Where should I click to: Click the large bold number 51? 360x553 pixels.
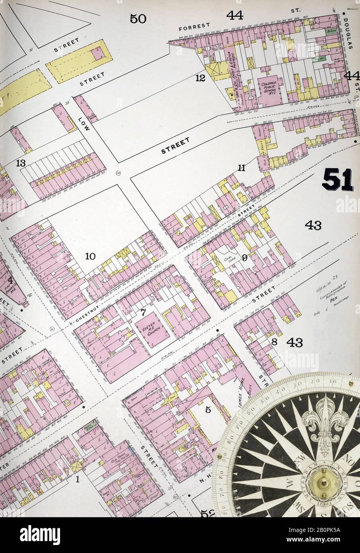pos(337,180)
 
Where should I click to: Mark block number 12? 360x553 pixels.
pos(200,78)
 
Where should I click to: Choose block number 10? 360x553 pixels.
pos(90,257)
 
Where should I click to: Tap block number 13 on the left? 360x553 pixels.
pos(21,163)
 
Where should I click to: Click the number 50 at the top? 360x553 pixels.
pos(138,18)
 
